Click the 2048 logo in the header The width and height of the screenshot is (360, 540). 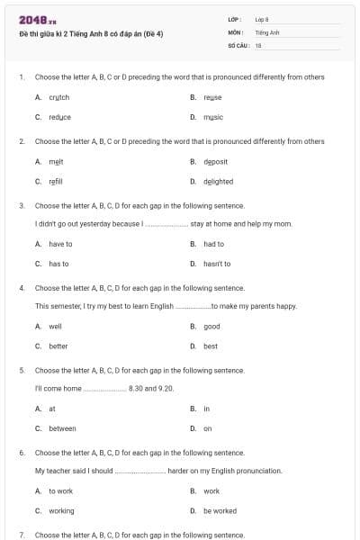[x=31, y=19]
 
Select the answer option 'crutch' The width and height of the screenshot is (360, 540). [x=58, y=97]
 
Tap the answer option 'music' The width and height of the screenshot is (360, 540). [x=213, y=117]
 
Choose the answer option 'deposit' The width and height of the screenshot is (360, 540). [x=215, y=161]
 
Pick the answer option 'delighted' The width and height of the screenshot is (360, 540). [x=218, y=181]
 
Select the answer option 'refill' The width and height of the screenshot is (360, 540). [x=56, y=181]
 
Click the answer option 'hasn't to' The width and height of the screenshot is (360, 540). [x=217, y=264]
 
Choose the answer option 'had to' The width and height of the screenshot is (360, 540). [x=213, y=244]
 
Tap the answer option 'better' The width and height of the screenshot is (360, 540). [x=58, y=346]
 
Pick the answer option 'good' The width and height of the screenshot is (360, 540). [x=211, y=327]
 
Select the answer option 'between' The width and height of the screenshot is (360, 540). [x=62, y=428]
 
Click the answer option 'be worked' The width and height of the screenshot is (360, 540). [x=220, y=510]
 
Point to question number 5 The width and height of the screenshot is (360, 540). [x=21, y=370]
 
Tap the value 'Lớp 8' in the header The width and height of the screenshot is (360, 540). [x=262, y=19]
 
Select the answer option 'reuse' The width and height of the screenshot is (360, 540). [x=212, y=97]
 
